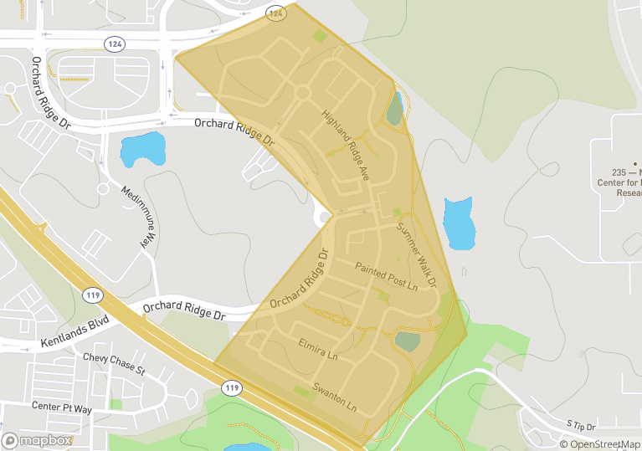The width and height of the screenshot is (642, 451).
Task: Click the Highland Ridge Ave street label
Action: pyautogui.click(x=346, y=146)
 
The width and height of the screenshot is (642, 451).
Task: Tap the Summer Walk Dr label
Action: pyautogui.click(x=417, y=255)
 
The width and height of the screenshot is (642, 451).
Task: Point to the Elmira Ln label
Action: pyautogui.click(x=318, y=349)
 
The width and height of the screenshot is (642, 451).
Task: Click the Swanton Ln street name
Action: pyautogui.click(x=335, y=397)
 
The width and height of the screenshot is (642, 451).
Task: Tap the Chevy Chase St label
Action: pyautogui.click(x=114, y=364)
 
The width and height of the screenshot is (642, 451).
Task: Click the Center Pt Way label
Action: pyautogui.click(x=61, y=407)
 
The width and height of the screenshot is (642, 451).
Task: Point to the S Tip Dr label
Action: pyautogui.click(x=579, y=425)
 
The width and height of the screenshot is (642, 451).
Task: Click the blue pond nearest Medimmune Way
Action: pyautogui.click(x=141, y=151)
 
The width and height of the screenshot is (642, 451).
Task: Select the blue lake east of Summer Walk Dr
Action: pyautogui.click(x=459, y=223)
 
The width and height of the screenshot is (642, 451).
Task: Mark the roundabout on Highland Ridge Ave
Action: pyautogui.click(x=302, y=93)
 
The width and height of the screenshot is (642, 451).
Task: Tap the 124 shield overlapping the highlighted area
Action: pyautogui.click(x=276, y=13)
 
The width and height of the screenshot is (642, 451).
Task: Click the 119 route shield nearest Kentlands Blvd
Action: pyautogui.click(x=93, y=295)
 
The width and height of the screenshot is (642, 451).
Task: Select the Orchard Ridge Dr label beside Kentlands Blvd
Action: pyautogui.click(x=184, y=311)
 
